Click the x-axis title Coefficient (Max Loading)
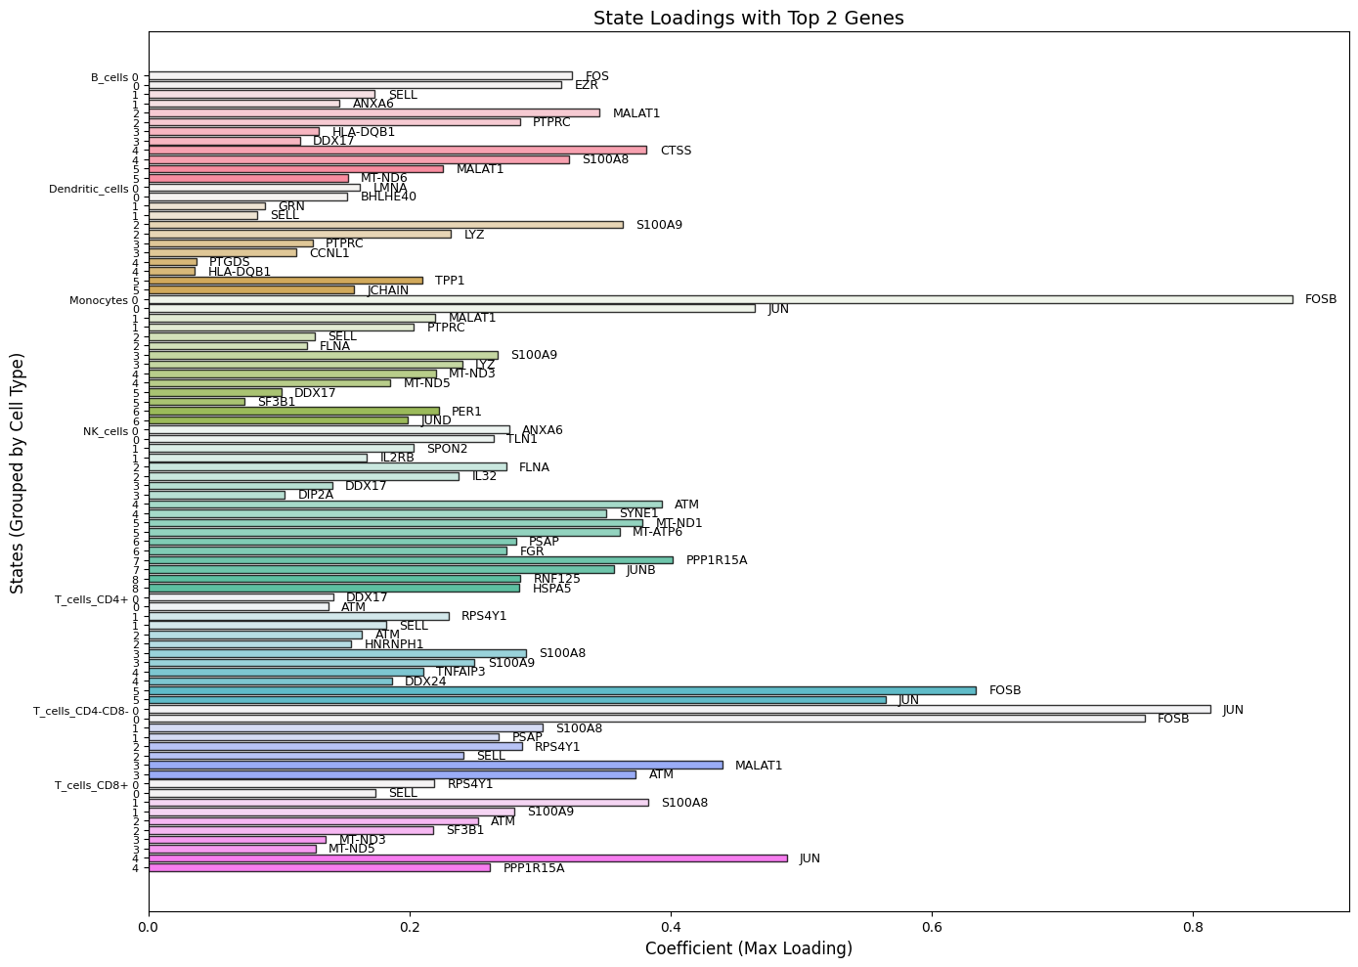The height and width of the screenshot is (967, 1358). pyautogui.click(x=748, y=948)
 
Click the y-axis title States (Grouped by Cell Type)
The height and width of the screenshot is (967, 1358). pyautogui.click(x=18, y=473)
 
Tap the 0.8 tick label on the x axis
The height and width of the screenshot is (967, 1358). pyautogui.click(x=1193, y=925)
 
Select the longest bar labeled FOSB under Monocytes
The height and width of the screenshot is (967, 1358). pyautogui.click(x=721, y=299)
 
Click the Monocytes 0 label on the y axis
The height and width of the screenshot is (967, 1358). pyautogui.click(x=104, y=300)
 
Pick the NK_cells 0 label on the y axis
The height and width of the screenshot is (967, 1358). pyautogui.click(x=110, y=431)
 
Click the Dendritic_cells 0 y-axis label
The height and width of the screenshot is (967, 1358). pyautogui.click(x=93, y=189)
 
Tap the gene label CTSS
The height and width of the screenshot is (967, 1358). pyautogui.click(x=676, y=151)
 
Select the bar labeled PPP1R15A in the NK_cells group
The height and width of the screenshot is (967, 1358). pyautogui.click(x=411, y=560)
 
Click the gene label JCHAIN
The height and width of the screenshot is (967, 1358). pyautogui.click(x=388, y=290)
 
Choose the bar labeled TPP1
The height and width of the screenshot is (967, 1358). pyautogui.click(x=285, y=281)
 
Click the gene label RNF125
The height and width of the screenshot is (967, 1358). pyautogui.click(x=556, y=579)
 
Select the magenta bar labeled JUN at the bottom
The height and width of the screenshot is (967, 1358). pyautogui.click(x=467, y=858)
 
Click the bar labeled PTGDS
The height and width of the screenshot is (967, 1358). pyautogui.click(x=173, y=262)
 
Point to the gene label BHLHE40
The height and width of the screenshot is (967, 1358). pyautogui.click(x=388, y=197)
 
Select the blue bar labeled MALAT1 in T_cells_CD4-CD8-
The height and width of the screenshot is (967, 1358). pyautogui.click(x=435, y=765)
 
